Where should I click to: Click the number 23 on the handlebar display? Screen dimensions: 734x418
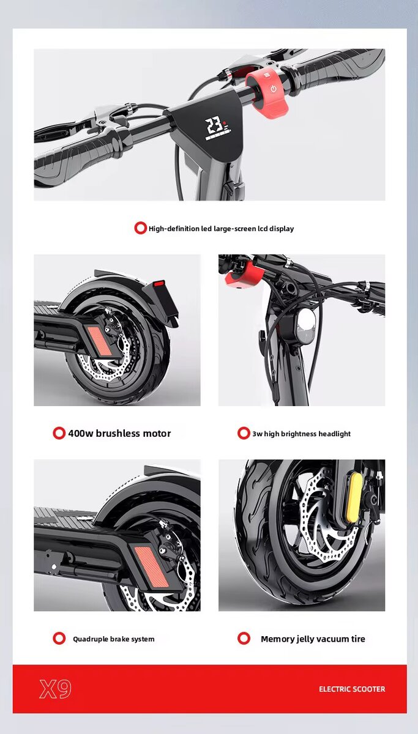[214, 127]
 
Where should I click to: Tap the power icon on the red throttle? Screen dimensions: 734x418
[273, 89]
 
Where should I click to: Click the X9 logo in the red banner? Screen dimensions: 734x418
[56, 689]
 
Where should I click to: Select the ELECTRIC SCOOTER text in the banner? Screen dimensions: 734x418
[352, 689]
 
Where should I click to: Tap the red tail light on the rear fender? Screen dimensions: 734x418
[159, 284]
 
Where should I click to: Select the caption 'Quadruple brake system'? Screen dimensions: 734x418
[113, 639]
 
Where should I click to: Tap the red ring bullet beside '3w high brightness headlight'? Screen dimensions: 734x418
[244, 433]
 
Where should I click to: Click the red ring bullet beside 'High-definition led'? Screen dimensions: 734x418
[141, 228]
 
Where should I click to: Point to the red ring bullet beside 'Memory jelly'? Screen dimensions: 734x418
[244, 639]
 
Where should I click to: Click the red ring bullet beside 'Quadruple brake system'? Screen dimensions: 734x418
[59, 639]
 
